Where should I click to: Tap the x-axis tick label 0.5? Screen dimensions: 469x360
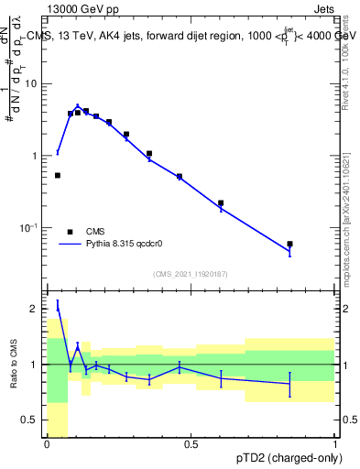pos(191,444)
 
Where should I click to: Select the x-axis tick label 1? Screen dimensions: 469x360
pos(333,444)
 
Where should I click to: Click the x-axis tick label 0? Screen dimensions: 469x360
pos(47,444)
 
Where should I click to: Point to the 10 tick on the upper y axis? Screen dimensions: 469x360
pos(35,84)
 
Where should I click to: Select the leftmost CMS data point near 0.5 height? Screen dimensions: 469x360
pos(57,175)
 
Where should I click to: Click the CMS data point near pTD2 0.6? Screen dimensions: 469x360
pos(221,203)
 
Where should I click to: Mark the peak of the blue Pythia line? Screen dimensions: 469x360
pos(78,106)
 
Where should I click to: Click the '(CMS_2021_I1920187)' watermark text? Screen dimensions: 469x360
pos(190,274)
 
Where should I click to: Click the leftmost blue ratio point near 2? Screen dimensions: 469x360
pos(57,308)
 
